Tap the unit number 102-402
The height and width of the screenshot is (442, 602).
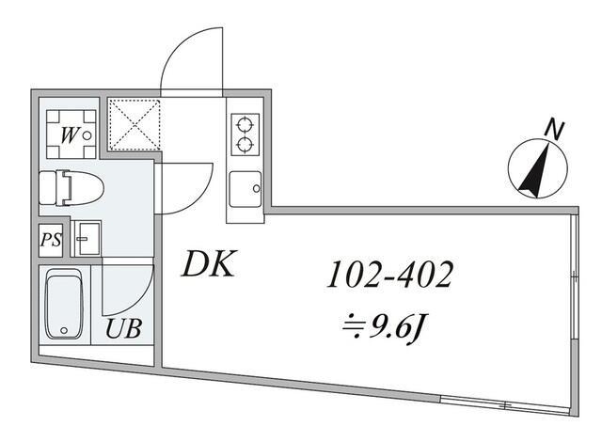tap(390, 275)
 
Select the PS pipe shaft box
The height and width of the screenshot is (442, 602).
tap(51, 239)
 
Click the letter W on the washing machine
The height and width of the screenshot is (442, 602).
tap(70, 134)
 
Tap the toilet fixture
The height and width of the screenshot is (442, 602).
tap(70, 187)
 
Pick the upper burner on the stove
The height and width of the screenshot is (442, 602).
tap(246, 123)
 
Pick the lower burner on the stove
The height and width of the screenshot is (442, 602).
tap(246, 144)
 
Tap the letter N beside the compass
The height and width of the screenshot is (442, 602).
tap(557, 129)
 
